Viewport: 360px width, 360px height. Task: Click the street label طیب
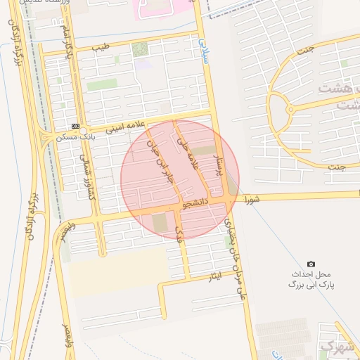(102, 48)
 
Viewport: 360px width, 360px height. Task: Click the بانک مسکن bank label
(77, 136)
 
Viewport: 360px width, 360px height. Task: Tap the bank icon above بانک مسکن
(75, 126)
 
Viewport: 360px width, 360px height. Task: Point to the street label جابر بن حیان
(159, 160)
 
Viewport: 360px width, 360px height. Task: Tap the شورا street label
(252, 199)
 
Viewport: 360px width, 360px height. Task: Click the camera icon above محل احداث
(311, 264)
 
